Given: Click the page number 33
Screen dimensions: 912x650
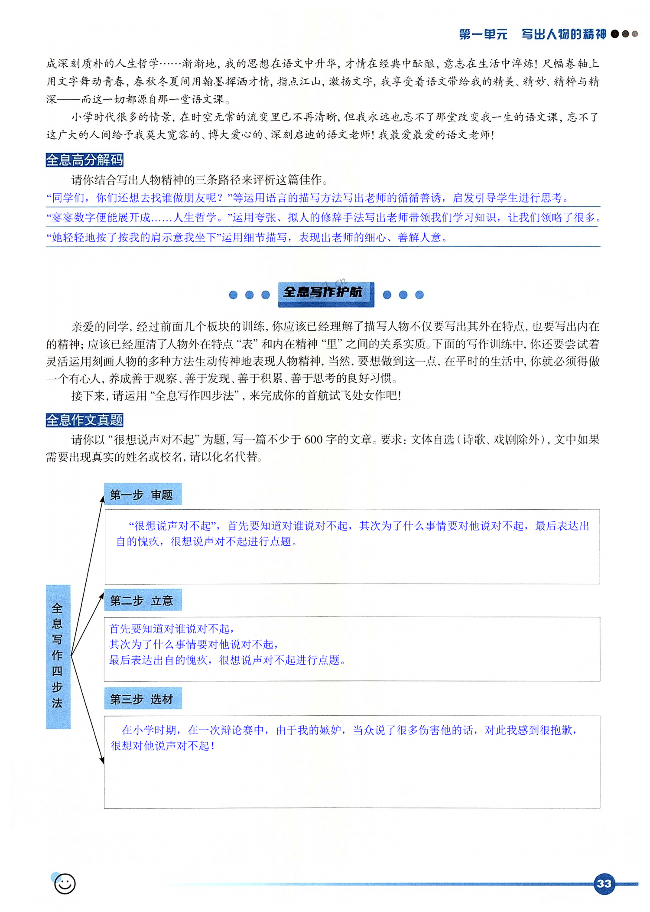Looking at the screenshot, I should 604,883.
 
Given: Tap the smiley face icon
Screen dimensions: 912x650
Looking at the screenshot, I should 65,883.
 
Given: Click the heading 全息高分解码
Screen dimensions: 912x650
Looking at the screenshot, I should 84,160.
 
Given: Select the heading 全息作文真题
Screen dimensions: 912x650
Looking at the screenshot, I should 84,420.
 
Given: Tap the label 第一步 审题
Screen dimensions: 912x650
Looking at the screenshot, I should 142,495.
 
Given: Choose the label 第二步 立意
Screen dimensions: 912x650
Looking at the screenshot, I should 142,600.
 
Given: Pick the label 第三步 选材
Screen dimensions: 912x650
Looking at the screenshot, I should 142,699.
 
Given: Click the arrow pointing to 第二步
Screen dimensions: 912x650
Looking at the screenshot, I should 89,620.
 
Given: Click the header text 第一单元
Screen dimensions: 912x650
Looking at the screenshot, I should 483,34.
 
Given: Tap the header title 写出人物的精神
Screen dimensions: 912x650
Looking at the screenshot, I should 563,34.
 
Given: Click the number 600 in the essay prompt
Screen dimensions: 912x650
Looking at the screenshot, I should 313,440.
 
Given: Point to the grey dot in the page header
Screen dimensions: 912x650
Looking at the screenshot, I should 635,34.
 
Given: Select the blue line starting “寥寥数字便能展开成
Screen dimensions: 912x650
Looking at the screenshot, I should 323,218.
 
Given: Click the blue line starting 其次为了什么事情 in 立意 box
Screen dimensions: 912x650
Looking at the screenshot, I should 193,645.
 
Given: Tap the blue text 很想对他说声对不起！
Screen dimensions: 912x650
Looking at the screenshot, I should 163,746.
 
